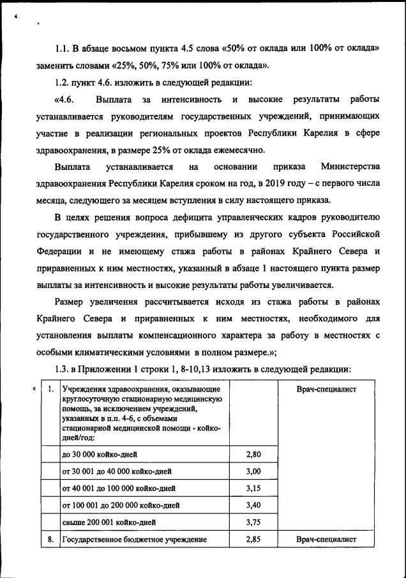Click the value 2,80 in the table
click(253, 455)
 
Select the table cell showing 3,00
click(253, 471)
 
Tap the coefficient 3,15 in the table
click(253, 489)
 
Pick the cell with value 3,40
click(253, 505)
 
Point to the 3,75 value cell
click(253, 522)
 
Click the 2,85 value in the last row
click(253, 540)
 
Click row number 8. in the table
click(50, 540)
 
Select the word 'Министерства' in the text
click(350, 167)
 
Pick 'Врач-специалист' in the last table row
click(326, 540)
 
